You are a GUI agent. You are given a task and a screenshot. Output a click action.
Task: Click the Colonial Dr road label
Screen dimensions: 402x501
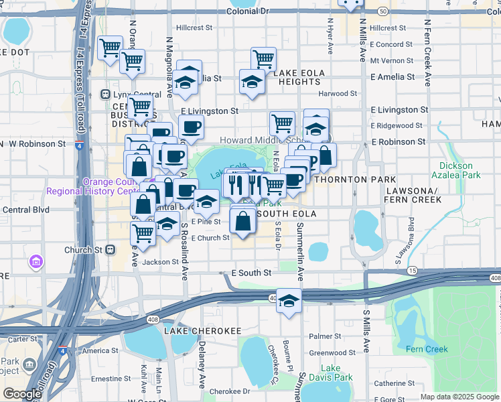click(247, 11)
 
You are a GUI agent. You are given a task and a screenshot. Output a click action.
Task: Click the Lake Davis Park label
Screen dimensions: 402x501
click(336, 373)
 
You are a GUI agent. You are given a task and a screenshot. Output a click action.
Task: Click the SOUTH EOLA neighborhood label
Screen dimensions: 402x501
click(285, 214)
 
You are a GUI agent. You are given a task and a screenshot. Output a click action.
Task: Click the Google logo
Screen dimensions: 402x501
click(22, 394)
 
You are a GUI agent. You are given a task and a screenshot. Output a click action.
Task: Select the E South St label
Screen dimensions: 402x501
click(251, 273)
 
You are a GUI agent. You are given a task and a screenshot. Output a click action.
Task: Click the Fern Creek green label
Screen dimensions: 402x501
click(427, 349)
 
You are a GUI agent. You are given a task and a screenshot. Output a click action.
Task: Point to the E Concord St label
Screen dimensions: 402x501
click(392, 44)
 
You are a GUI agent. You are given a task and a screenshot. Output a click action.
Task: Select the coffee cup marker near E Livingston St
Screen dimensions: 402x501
click(191, 127)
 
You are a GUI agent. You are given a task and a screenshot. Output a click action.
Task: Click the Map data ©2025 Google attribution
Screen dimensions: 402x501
click(460, 397)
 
